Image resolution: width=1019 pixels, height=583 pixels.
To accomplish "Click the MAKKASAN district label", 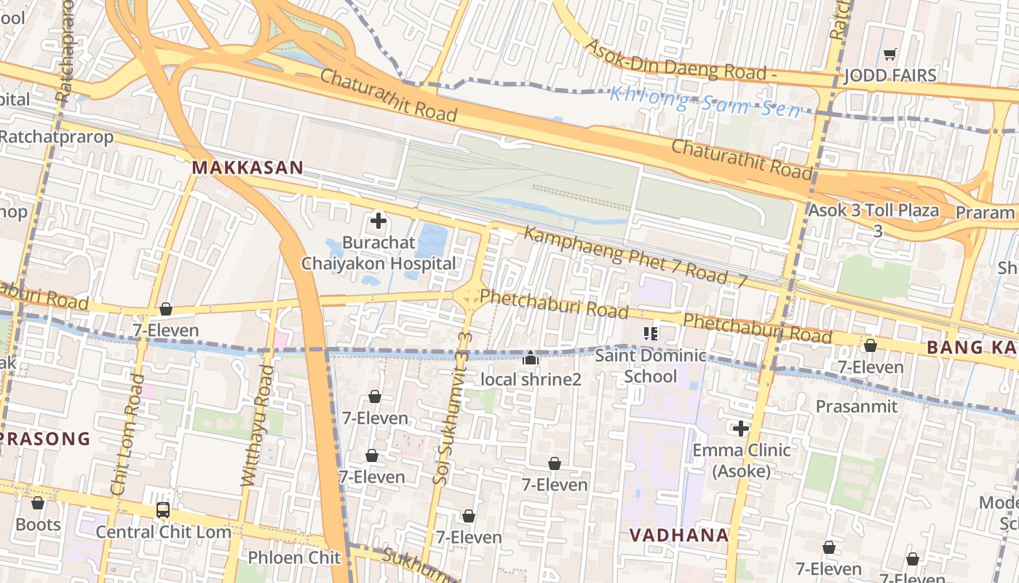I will coord(247,168).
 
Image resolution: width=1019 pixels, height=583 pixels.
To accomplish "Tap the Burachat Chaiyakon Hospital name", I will coord(379,253).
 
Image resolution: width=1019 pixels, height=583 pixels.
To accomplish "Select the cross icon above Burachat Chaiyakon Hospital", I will coord(378,220).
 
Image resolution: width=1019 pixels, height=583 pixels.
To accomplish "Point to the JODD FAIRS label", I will coord(889,76).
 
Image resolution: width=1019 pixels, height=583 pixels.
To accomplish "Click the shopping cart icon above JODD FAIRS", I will coord(889,54).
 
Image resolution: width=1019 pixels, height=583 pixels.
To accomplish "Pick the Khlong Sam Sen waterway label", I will coord(705,102).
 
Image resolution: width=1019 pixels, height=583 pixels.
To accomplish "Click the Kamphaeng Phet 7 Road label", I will coord(626,256).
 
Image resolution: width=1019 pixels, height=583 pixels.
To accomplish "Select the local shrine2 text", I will coord(531,380).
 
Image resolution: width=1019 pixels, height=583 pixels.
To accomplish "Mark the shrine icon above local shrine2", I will coord(531,358).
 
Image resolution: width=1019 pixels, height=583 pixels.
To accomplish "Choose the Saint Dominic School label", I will coord(650,366).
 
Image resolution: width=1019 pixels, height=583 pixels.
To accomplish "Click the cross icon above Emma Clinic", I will coord(741,429).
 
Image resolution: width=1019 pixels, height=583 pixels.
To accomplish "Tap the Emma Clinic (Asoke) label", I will coord(741,461).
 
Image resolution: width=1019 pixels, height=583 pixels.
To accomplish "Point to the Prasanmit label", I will coord(857,407).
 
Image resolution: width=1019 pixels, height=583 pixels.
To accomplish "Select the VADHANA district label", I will coord(679,535).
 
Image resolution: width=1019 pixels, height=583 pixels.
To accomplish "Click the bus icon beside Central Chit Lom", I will coord(163,510).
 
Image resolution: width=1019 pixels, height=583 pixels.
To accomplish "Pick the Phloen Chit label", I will coord(294,557).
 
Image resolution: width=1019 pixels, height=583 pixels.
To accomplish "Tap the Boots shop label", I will coord(38,525).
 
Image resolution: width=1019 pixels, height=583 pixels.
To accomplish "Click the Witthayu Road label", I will coord(258,426).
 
